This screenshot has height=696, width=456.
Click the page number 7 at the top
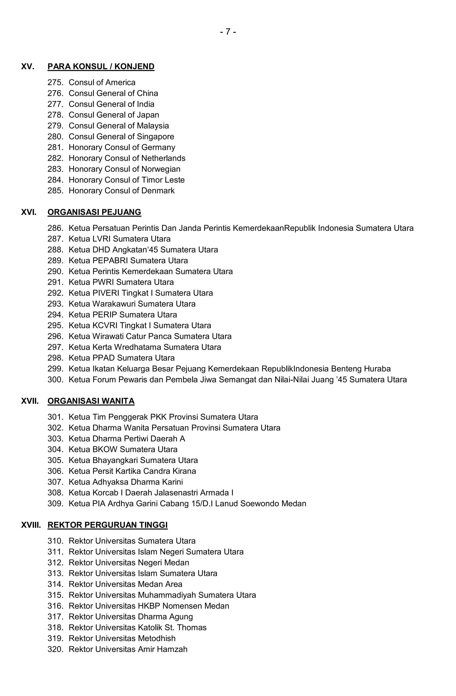point(228,32)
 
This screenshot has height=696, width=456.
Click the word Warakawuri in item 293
point(114,304)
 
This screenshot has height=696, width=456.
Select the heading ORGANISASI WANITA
point(91,401)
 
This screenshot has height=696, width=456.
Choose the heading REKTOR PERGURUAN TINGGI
point(108,525)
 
